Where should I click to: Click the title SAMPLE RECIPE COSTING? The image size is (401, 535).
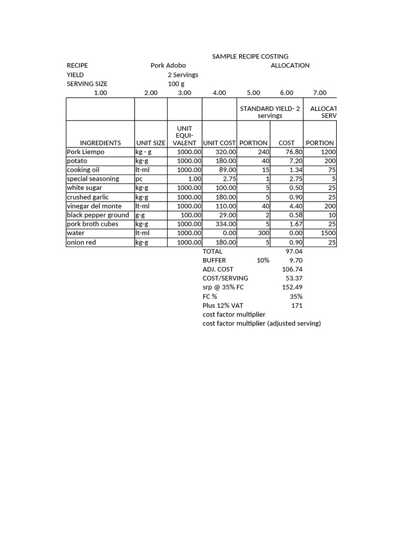[x=250, y=56]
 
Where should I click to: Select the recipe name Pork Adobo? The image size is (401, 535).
[x=168, y=65]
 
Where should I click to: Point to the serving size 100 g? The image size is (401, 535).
[x=176, y=84]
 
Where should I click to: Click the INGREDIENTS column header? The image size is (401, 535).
[x=100, y=143]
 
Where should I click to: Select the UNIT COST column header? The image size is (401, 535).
[x=219, y=143]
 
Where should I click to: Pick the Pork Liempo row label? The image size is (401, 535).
[x=86, y=152]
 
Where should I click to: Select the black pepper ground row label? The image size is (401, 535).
[x=98, y=215]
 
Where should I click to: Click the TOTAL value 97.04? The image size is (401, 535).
[x=294, y=251]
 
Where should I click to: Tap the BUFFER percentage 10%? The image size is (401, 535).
[x=263, y=260]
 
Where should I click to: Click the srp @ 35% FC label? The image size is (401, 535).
[x=223, y=287]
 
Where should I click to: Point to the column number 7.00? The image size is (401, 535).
[x=320, y=92]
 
